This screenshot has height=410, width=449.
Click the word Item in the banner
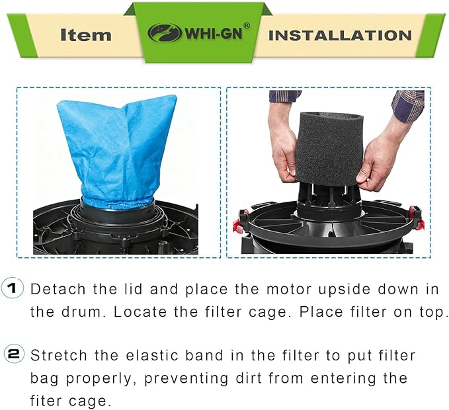pos(85,34)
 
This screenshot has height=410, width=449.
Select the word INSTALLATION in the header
pos(340,34)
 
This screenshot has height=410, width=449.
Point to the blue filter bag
pos(116,149)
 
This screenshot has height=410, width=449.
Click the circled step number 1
pos(13,289)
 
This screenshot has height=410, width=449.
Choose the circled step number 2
pos(13,355)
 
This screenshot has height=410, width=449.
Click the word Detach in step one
pos(56,289)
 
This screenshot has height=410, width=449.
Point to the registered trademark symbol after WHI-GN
pos(246,26)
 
